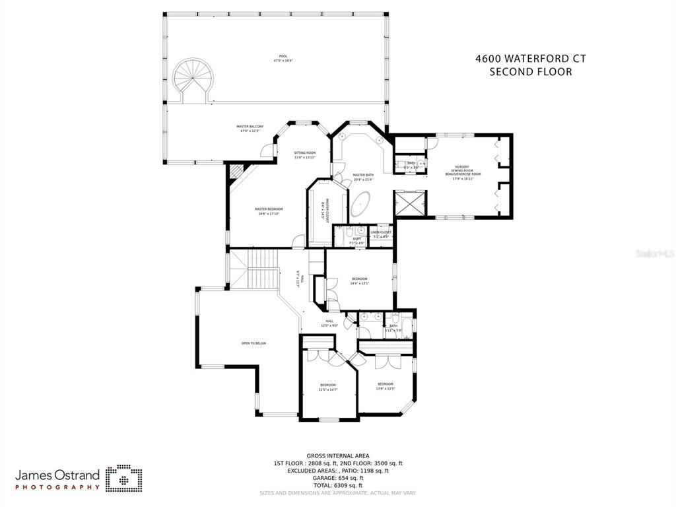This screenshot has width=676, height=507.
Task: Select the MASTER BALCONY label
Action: pos(250,128)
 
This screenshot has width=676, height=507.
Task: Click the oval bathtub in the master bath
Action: pos(360,205)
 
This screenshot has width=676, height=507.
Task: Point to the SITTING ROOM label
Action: pos(304,154)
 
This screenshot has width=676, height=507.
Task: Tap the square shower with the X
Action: pos(409,203)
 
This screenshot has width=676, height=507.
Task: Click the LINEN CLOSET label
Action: pos(381,234)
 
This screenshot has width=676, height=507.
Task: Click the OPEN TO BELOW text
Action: pos(253,343)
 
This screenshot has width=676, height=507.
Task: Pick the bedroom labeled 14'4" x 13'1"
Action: pos(359,281)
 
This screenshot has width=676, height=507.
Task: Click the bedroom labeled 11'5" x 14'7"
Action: pos(328,387)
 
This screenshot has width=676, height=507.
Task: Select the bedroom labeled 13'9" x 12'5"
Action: pos(386,386)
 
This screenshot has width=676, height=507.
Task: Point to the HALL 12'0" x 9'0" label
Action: pos(329,323)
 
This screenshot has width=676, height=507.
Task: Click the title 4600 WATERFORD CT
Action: pos(530,58)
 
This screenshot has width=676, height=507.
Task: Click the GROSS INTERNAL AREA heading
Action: pos(337,456)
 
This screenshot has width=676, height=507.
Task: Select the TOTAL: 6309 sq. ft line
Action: pos(337,485)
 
